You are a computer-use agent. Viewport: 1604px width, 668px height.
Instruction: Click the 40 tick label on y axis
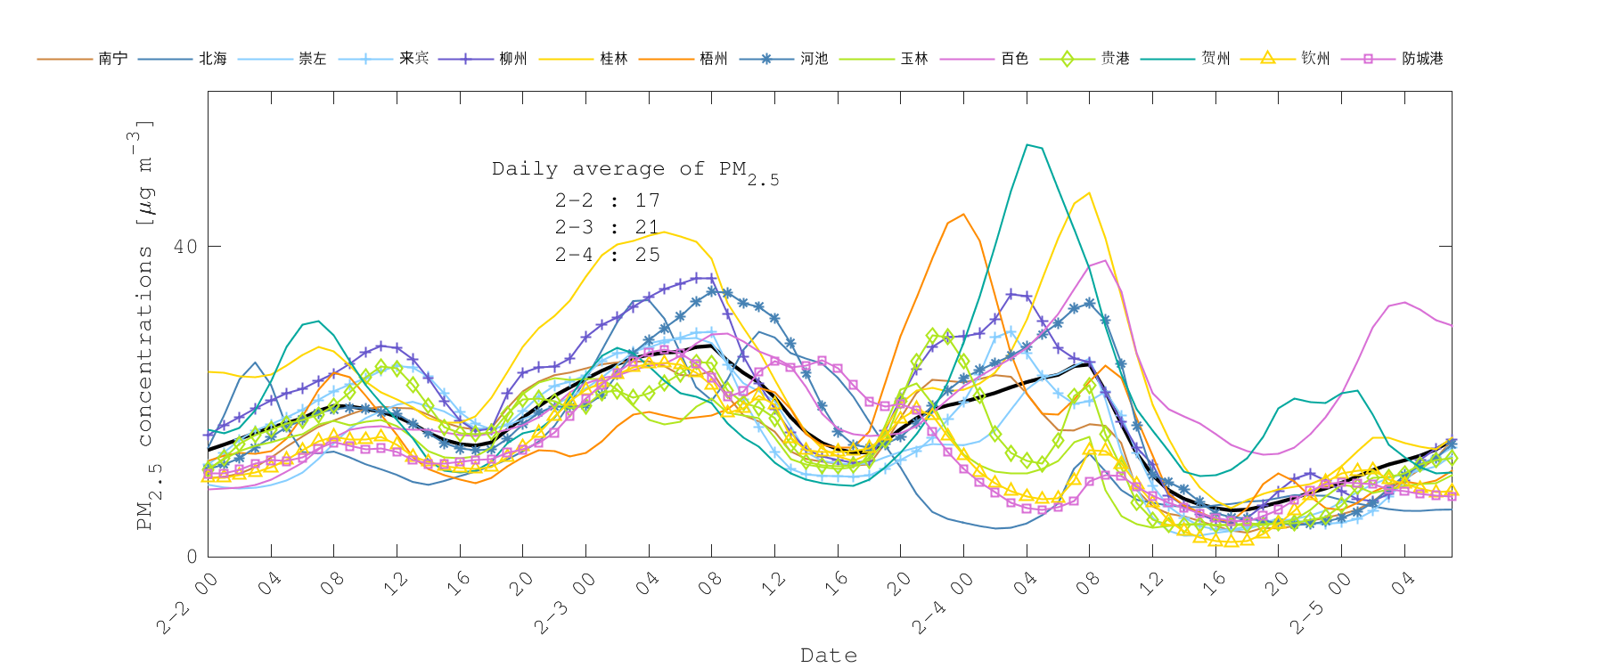pyautogui.click(x=185, y=247)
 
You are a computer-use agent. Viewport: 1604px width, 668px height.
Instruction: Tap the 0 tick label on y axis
pyautogui.click(x=192, y=557)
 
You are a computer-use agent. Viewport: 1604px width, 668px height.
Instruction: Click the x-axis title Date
pyautogui.click(x=829, y=656)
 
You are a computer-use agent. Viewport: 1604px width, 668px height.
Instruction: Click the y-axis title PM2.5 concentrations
pyautogui.click(x=144, y=325)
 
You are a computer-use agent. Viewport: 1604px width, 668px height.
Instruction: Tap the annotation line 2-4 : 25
pyautogui.click(x=608, y=255)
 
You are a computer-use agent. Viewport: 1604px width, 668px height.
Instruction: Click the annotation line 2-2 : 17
pyautogui.click(x=608, y=200)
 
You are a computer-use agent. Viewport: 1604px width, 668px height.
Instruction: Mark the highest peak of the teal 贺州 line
pyautogui.click(x=1027, y=144)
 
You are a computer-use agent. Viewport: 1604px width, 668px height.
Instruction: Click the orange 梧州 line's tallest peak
pyautogui.click(x=963, y=214)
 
